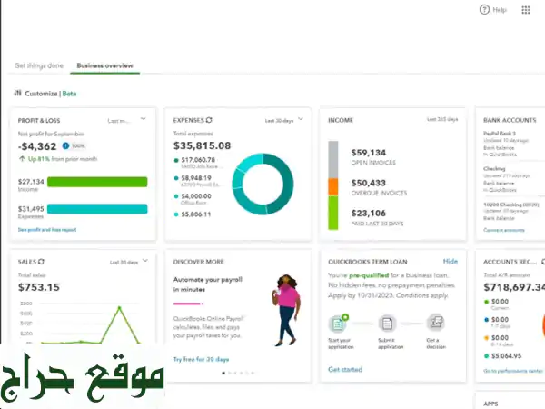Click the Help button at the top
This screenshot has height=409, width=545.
tap(493, 10)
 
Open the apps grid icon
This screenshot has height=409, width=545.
tap(526, 10)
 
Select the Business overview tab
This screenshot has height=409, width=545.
tap(104, 65)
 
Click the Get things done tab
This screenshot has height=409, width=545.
tap(39, 65)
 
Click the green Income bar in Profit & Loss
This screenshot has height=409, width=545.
tap(96, 182)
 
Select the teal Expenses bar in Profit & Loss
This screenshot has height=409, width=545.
tap(96, 209)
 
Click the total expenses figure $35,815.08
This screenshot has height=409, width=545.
tap(202, 145)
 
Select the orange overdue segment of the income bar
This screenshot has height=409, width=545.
tap(332, 185)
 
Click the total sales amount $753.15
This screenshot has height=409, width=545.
tap(39, 287)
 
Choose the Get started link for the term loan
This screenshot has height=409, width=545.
tap(345, 370)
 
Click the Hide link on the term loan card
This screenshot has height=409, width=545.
tap(450, 261)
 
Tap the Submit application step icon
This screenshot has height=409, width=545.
tap(387, 323)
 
